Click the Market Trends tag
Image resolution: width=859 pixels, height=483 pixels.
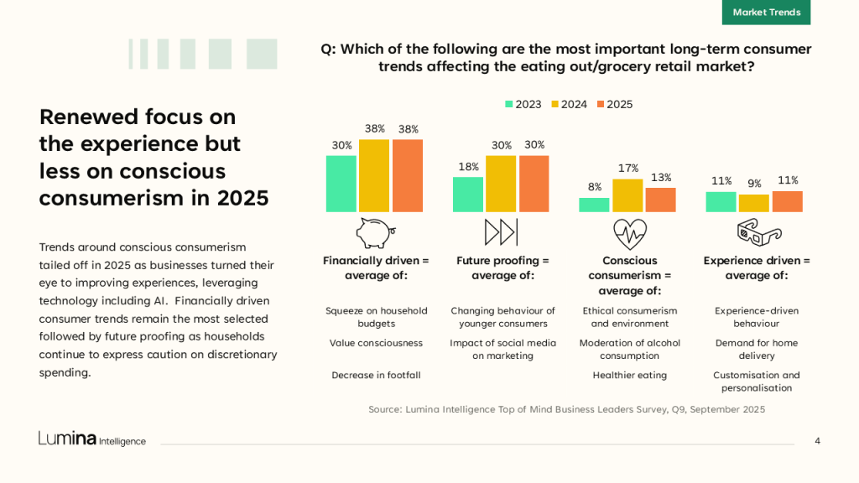(766, 13)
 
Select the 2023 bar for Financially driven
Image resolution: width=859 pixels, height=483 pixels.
(341, 184)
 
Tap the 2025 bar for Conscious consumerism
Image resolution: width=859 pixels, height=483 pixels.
(661, 200)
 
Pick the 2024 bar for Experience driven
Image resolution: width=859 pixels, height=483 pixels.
(754, 203)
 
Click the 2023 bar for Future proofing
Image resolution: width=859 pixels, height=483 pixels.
(468, 195)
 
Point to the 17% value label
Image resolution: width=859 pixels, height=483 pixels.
(628, 169)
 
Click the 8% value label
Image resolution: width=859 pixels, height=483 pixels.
(595, 187)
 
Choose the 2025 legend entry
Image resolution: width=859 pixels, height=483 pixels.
(614, 104)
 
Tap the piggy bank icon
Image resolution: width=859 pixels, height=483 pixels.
(374, 231)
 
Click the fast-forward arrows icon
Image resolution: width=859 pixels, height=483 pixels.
(501, 231)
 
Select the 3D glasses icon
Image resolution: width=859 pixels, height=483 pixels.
(758, 231)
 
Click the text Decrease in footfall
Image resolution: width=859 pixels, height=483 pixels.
(376, 375)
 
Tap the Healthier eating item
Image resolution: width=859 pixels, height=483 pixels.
(629, 375)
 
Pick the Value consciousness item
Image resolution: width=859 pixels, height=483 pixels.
(376, 343)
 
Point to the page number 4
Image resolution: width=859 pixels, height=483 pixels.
(817, 441)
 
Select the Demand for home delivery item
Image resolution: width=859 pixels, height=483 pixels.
(757, 349)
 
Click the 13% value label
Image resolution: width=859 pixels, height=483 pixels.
(661, 178)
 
